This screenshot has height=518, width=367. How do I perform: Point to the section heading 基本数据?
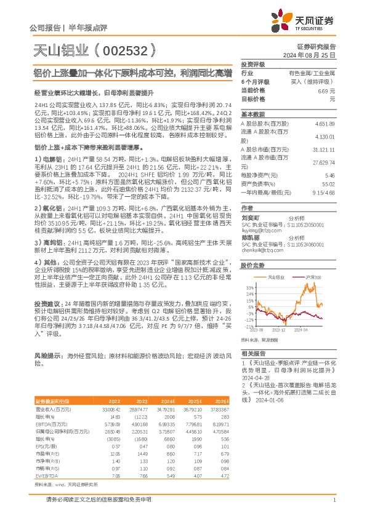tap(252, 114)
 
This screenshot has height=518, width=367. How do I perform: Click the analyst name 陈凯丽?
tap(251, 237)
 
